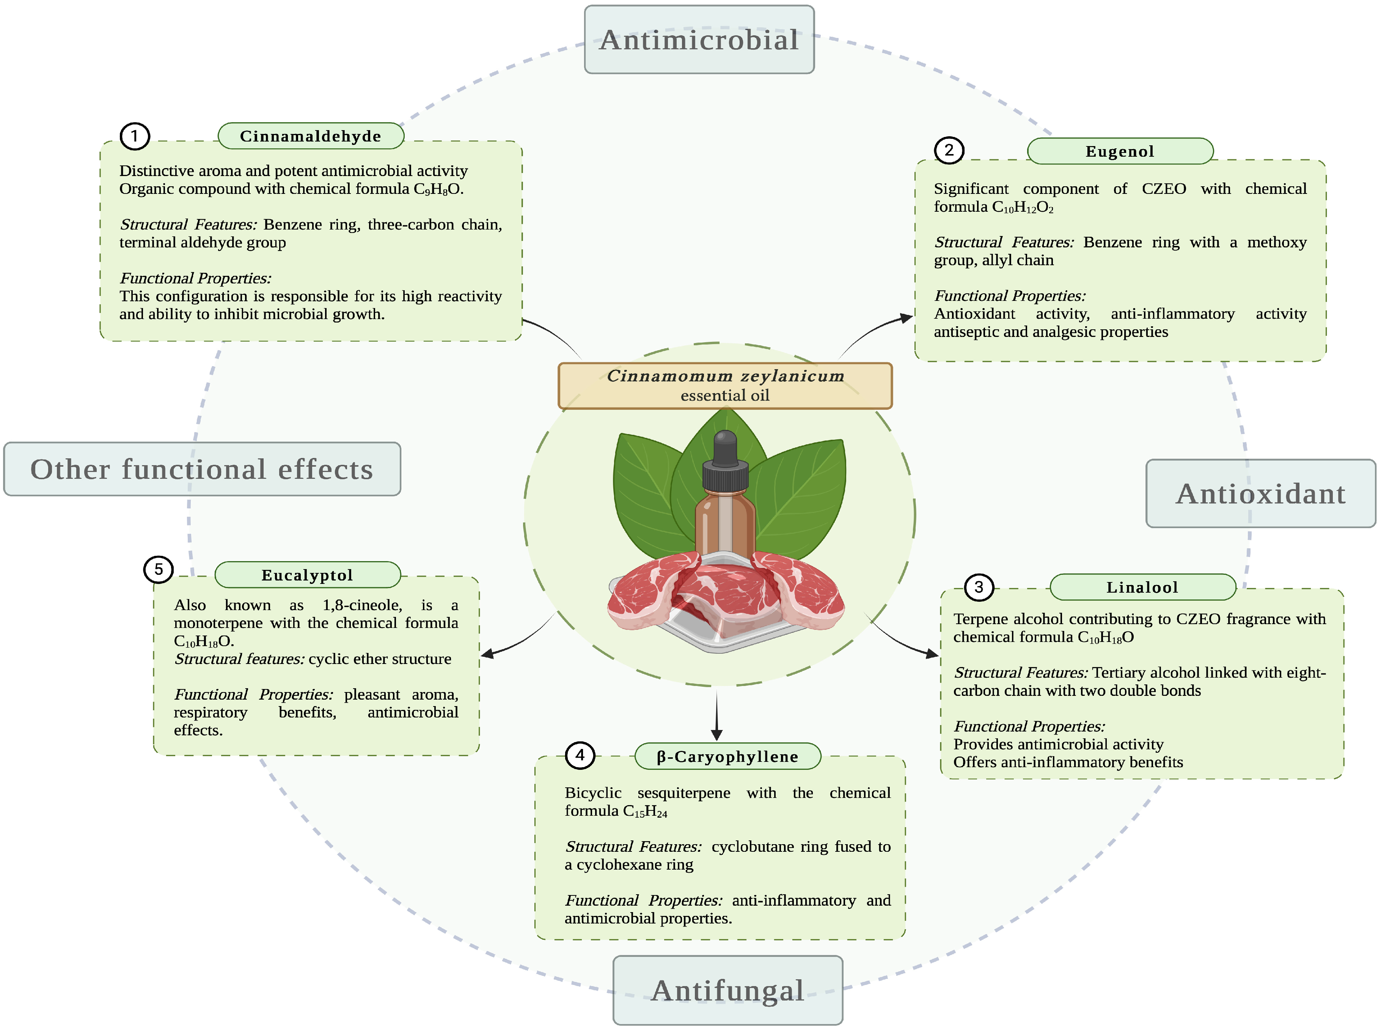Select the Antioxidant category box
pos(1260,494)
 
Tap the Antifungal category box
pos(727,990)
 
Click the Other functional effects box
pos(202,469)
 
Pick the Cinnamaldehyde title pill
pos(310,136)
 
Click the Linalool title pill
pos(1142,587)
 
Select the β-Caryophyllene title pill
pos(727,757)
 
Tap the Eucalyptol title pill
pos(307,575)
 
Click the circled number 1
pos(134,136)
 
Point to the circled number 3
pos(978,587)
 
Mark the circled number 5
pos(159,569)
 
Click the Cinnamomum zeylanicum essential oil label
pos(725,385)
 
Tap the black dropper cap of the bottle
pos(725,462)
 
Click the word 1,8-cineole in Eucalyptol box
pos(362,605)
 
